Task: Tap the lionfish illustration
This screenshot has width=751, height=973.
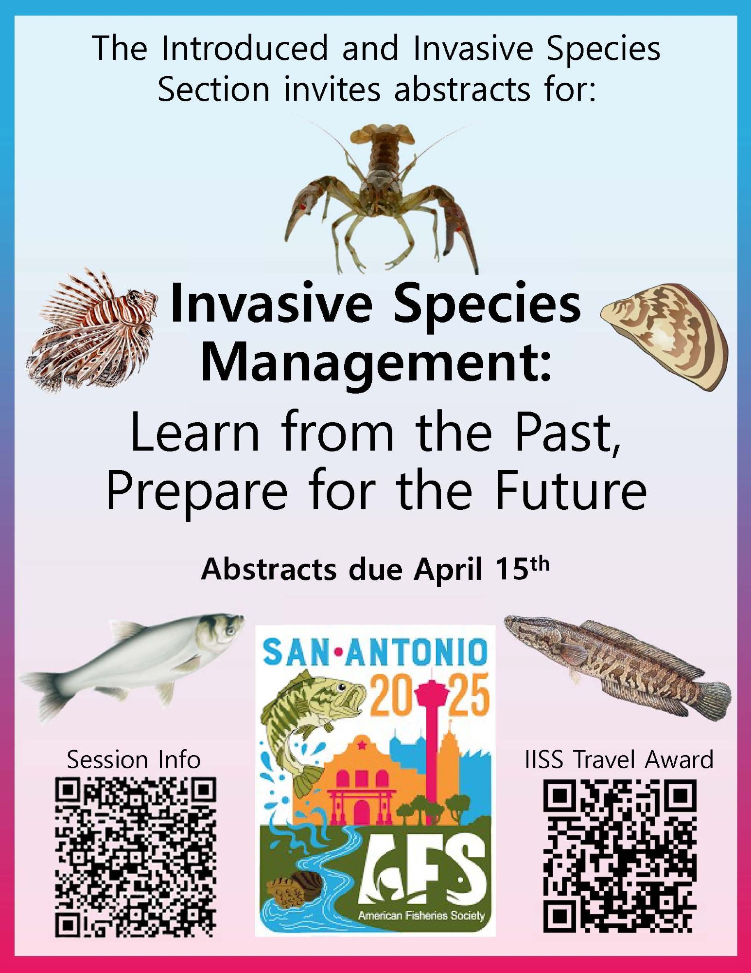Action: [x=92, y=331]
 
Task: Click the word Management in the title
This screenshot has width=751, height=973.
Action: [x=377, y=365]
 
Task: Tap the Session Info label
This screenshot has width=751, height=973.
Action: [x=134, y=759]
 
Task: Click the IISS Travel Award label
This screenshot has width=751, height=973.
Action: [x=619, y=759]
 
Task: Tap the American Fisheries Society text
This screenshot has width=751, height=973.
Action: [x=421, y=916]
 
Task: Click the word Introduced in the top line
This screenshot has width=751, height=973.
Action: [x=245, y=48]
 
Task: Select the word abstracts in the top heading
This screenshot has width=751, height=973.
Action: [x=462, y=90]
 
